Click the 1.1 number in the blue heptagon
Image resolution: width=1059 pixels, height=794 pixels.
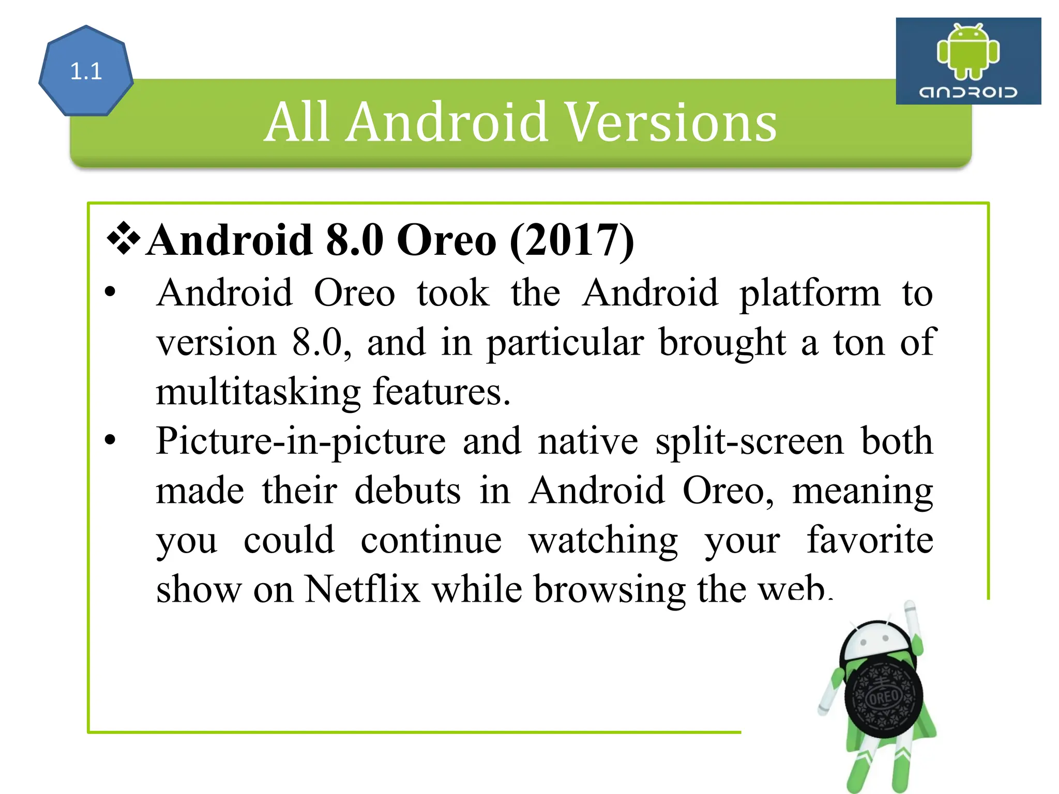coord(86,71)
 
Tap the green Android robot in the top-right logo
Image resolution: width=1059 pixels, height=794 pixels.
coord(968,52)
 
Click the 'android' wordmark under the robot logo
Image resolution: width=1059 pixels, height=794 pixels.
coord(968,92)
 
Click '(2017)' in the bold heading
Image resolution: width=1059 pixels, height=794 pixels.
coord(571,240)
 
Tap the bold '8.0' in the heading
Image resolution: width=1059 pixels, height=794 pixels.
coord(355,240)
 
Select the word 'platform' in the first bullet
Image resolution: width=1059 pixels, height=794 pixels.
coord(810,294)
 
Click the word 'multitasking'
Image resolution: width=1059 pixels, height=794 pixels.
coord(258,392)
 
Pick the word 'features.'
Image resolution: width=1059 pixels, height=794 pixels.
coord(442,391)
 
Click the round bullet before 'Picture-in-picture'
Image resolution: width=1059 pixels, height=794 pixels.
coord(110,440)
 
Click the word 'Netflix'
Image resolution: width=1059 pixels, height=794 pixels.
coord(362,589)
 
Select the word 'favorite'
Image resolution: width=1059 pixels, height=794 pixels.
coord(870,540)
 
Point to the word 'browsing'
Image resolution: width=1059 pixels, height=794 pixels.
coord(610,590)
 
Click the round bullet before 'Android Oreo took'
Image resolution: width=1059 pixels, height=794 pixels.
coord(110,293)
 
